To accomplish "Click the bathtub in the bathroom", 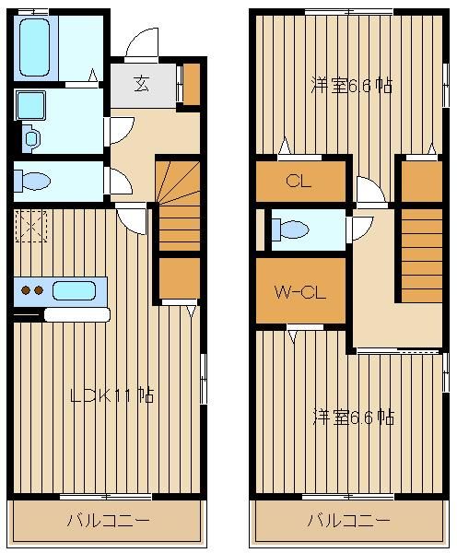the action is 34,48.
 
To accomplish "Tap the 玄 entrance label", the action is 141,84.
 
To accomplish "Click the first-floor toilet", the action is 32,182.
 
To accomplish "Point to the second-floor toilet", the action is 290,229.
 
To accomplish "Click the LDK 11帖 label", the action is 112,395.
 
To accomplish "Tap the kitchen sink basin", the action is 74,291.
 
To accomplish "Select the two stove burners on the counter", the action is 32,290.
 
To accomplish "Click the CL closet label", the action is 299,181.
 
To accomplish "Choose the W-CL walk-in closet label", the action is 300,292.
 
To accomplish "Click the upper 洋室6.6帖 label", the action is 352,86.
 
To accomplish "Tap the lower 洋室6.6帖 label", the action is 354,417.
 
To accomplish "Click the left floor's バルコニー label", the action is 109,521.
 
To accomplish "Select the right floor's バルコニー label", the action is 349,520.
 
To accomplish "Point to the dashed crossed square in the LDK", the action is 31,226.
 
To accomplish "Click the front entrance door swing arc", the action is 140,41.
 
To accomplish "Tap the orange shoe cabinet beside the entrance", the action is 192,84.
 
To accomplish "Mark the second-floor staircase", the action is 422,255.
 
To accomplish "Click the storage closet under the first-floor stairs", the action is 180,278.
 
